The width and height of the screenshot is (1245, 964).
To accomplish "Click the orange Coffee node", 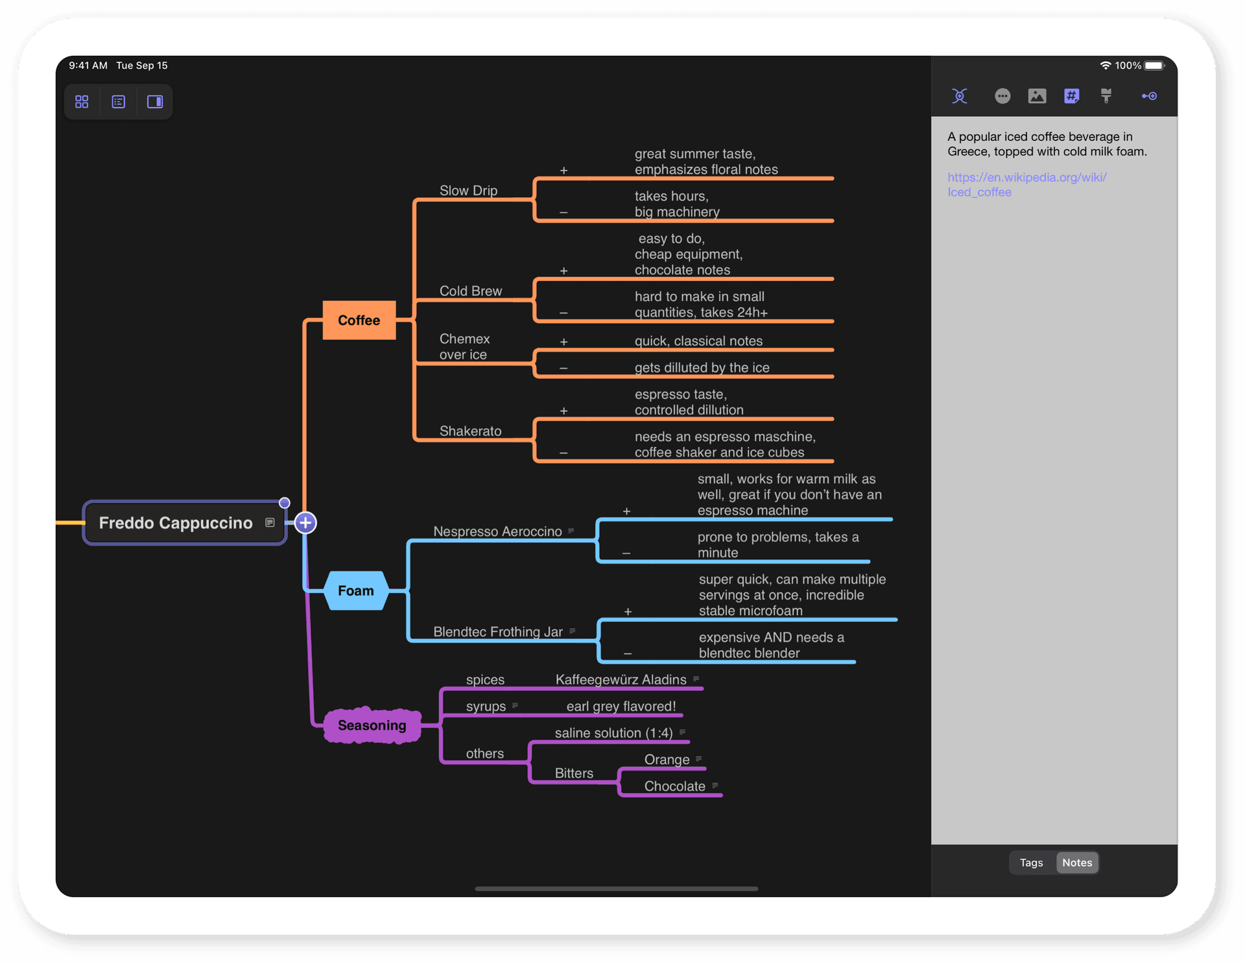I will coord(359,320).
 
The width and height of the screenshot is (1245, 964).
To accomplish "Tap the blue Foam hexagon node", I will coord(356,591).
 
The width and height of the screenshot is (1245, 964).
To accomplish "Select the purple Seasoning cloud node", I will coord(372,725).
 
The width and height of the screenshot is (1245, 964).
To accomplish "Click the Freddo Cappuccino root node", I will coord(176,523).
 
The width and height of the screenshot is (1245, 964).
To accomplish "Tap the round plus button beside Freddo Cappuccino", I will coord(305,523).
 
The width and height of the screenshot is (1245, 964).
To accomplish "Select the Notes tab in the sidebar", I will coord(1076,863).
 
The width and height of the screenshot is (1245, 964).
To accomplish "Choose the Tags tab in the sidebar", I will coord(1031,863).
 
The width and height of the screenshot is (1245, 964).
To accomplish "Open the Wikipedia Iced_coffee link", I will coord(1026,184).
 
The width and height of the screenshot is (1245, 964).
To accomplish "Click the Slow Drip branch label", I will coord(468,191).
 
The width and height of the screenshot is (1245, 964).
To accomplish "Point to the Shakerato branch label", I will coord(470,431).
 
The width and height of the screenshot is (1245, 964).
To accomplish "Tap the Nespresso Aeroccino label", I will coord(497,531).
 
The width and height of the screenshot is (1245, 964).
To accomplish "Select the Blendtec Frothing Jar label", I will coord(497,632).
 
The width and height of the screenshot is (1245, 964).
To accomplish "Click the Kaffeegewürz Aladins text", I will coord(621,680).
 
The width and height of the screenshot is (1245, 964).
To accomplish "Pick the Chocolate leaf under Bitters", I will coord(674,786).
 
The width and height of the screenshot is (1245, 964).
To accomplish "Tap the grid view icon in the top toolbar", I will coord(82,102).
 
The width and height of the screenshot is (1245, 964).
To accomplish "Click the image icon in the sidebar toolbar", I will coord(1037,96).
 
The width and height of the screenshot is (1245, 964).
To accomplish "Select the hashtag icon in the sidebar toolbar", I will coord(1071,96).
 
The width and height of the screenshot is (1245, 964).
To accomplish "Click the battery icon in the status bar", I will coord(1154,66).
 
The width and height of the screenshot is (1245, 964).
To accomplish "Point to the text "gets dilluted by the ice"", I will coord(702,368).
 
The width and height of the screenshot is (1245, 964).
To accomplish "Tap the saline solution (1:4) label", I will coord(613,733).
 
